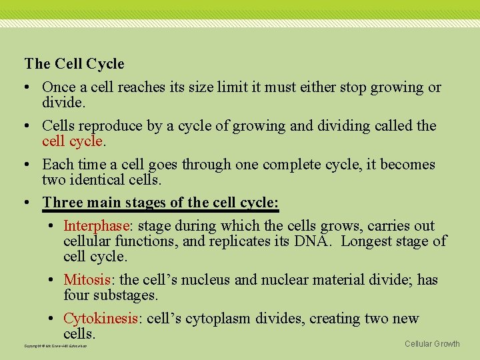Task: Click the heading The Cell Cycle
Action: tap(74, 64)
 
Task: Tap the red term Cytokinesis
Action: tap(101, 319)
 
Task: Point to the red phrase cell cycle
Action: tap(72, 141)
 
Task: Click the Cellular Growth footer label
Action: tap(432, 344)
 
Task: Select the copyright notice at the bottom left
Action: tap(55, 346)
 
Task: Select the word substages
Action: tap(123, 295)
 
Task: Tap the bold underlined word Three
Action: tap(62, 203)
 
